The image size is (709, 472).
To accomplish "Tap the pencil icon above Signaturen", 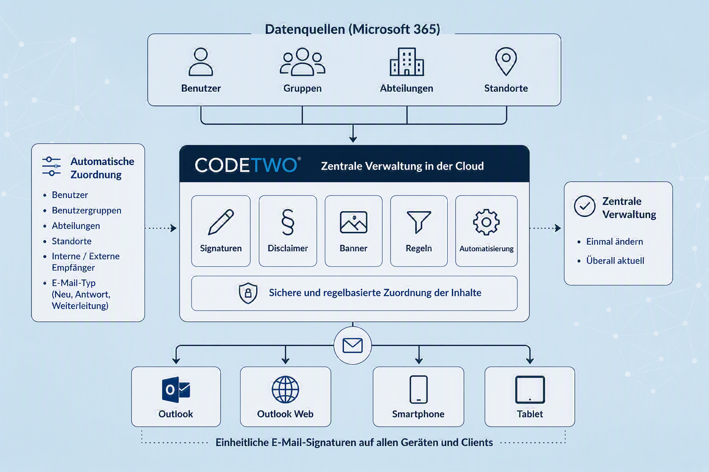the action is click(221, 222).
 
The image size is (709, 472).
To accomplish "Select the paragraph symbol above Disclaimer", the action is click(288, 222).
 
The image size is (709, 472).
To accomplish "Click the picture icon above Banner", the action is click(354, 222).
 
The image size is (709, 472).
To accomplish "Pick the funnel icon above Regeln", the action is click(419, 222).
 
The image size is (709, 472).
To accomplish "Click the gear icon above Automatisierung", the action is click(486, 222).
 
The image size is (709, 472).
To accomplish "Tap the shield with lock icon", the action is click(248, 293).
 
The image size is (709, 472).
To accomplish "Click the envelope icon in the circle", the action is click(353, 345).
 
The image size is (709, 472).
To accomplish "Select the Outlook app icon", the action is click(176, 389).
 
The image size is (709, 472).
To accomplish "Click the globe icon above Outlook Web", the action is click(285, 389).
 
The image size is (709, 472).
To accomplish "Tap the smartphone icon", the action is click(419, 389).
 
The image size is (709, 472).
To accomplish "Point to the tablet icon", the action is click(530, 389).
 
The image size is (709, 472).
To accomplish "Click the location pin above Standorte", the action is click(506, 62).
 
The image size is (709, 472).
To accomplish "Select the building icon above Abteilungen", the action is click(407, 62).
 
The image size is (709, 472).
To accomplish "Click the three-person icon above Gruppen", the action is click(302, 62).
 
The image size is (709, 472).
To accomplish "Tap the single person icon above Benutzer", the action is click(201, 62).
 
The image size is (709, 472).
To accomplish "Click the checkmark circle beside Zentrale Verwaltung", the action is click(584, 206).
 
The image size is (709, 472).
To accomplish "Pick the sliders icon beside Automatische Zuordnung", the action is click(51, 166).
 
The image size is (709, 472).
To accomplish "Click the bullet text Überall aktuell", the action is click(615, 260).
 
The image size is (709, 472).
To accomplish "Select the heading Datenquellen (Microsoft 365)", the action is click(352, 29).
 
